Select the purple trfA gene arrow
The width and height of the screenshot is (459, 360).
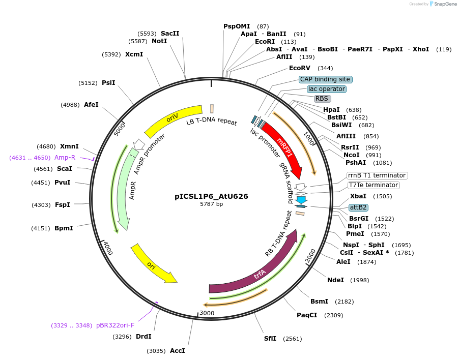click(260, 275)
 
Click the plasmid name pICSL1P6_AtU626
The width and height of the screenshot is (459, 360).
click(211, 196)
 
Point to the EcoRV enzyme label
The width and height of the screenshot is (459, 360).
click(299, 68)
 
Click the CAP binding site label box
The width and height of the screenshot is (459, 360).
click(325, 79)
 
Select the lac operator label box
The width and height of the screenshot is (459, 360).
click(327, 89)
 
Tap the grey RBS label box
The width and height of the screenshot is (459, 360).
click(322, 99)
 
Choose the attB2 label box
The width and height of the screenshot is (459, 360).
click(358, 207)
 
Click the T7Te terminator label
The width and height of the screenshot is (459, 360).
click(374, 185)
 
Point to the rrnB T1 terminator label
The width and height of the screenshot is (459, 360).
click(377, 175)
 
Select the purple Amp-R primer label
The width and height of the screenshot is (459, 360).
click(65, 158)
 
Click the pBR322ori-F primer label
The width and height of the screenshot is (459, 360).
click(115, 325)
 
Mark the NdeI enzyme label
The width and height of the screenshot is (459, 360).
click(335, 280)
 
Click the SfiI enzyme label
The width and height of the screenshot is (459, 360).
click(270, 339)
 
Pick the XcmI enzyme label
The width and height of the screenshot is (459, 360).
click(134, 54)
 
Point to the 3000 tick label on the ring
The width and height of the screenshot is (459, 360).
click(207, 313)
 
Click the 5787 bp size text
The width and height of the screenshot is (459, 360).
click(211, 204)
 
